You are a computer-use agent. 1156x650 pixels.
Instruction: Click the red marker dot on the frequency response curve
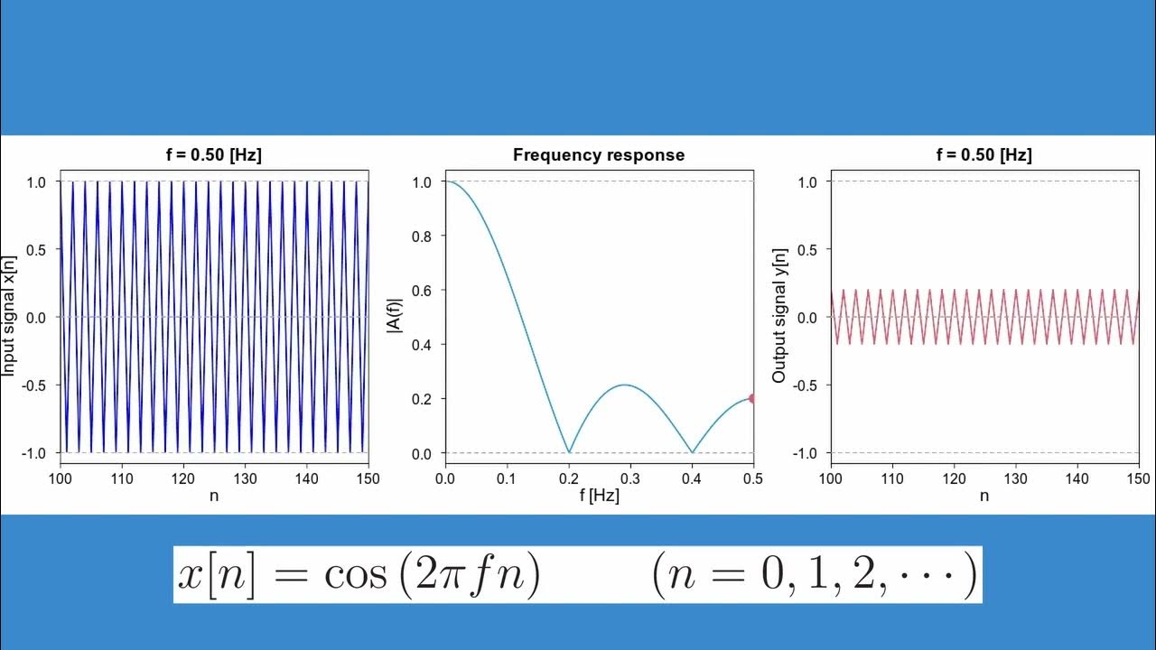tap(752, 398)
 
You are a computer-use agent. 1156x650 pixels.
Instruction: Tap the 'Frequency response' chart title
tap(599, 155)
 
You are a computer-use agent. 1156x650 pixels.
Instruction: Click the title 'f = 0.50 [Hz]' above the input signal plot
tap(214, 155)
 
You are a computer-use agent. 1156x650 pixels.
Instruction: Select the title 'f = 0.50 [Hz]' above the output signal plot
tap(984, 155)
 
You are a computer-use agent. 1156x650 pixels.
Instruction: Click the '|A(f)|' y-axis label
tap(394, 317)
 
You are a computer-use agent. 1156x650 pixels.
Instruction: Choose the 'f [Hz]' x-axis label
tap(599, 496)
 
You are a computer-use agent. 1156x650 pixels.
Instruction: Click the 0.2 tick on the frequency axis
tap(568, 478)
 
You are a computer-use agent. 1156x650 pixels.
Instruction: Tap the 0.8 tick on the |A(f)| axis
tap(422, 237)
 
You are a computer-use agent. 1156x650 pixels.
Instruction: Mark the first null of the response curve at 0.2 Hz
tap(568, 451)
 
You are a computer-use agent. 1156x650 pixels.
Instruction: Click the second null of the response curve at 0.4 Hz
tap(692, 451)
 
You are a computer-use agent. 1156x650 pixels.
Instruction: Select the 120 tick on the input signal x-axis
tap(183, 478)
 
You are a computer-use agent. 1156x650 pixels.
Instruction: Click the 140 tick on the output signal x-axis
tap(1077, 478)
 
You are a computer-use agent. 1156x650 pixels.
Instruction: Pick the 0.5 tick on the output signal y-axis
tap(807, 250)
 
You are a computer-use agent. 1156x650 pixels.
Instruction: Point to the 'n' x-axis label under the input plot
tap(214, 496)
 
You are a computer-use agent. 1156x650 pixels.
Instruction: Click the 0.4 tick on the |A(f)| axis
tap(422, 345)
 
